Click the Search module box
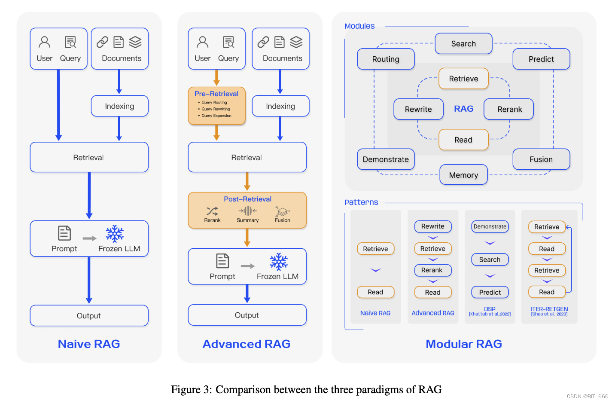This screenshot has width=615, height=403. coord(463,43)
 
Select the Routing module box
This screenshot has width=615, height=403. coord(386,59)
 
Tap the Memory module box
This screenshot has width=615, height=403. coord(463,175)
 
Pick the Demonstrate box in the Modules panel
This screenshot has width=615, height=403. coord(386,159)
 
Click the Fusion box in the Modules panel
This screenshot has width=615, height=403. coord(541,159)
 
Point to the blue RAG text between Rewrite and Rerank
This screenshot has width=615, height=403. coord(464,109)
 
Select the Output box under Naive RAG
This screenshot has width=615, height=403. coord(89,315)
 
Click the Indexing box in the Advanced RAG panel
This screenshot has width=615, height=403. coord(280,106)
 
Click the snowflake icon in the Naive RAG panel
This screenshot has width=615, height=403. coord(115,234)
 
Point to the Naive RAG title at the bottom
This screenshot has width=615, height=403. coord(89,344)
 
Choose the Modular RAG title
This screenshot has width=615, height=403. coord(464,344)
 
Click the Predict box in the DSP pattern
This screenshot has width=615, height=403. coord(490,292)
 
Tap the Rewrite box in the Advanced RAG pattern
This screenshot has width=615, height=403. coord(433,226)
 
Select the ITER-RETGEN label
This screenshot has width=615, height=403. coord(549,309)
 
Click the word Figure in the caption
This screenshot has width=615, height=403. coord(186,389)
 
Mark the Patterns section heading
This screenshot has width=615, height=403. coord(361,202)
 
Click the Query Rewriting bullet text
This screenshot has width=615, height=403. coord(216,109)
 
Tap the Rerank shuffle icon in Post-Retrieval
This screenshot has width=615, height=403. coord(212,211)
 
